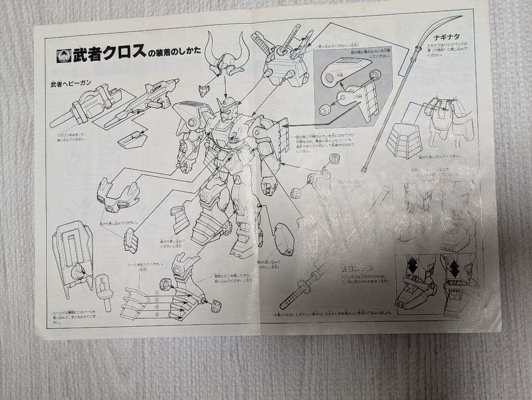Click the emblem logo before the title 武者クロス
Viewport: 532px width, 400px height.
coord(64,56)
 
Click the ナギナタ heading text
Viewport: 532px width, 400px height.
coord(446,36)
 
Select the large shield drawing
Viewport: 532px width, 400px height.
coord(72,256)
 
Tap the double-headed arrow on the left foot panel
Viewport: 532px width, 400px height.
coord(411,267)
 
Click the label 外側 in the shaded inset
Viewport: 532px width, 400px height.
coord(339,75)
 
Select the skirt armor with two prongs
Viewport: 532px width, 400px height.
coord(118,195)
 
